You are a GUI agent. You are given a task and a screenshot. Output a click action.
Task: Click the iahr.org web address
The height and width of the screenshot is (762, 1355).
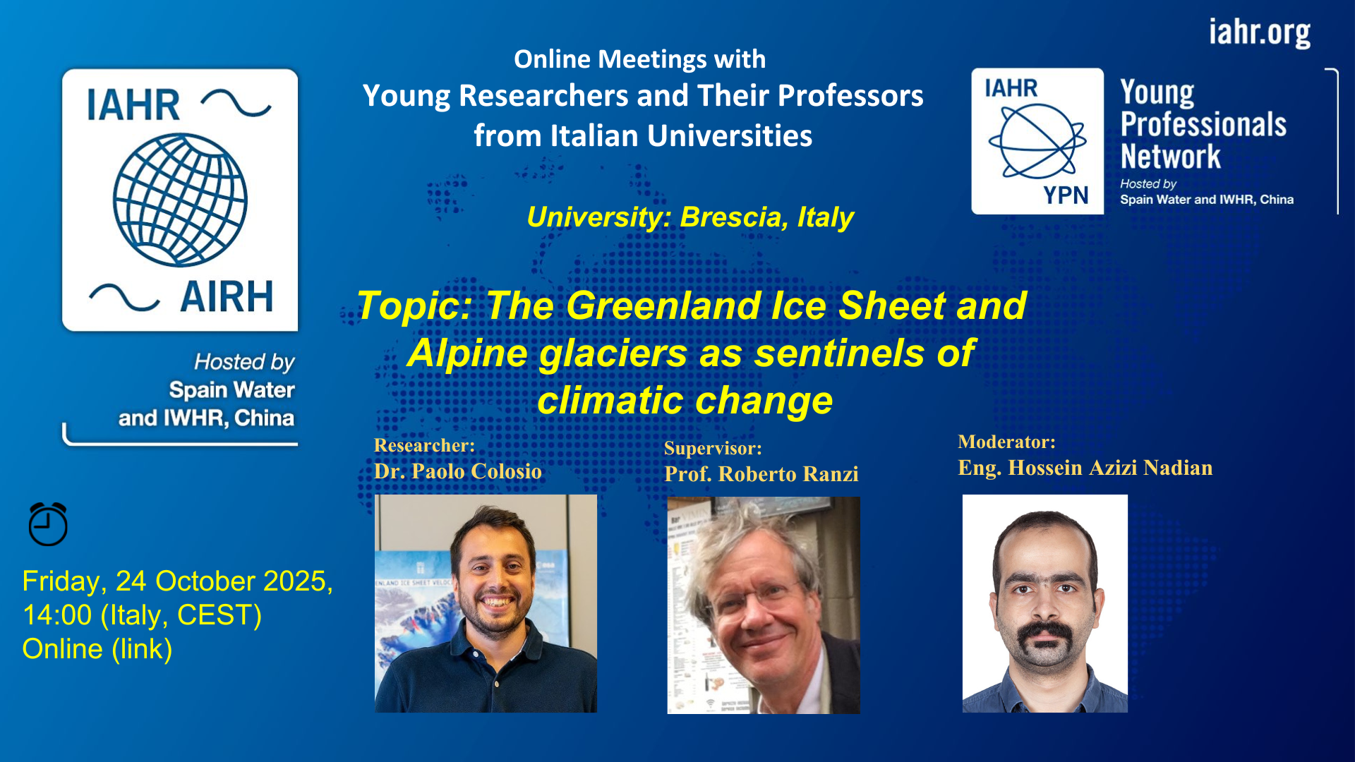1260,32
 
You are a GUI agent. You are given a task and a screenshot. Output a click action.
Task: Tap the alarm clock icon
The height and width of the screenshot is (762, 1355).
48,524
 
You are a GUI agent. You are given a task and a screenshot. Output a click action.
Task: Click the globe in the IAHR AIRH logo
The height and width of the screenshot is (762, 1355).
180,200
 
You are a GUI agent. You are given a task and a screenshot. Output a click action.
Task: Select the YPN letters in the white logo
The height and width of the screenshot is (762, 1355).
1066,195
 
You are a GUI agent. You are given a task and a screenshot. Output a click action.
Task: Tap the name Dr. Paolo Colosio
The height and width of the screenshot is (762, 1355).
458,471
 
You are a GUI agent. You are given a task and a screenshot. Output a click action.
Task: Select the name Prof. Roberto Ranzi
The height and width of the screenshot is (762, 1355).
761,474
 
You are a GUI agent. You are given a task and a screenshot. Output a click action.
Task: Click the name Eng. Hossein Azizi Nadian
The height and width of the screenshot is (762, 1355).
1085,468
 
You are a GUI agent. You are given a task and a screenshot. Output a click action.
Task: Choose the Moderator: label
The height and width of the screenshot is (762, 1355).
1006,442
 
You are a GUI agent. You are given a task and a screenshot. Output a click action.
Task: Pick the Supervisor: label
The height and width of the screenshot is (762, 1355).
713,449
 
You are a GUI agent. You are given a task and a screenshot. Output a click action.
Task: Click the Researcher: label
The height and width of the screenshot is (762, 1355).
424,445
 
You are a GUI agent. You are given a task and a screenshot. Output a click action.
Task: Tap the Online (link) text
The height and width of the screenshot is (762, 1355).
97,649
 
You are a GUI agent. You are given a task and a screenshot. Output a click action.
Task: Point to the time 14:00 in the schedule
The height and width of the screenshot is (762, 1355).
57,615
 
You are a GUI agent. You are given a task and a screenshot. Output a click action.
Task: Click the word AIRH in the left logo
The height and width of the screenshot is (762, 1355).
227,296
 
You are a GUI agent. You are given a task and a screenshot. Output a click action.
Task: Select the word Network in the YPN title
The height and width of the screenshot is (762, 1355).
1171,157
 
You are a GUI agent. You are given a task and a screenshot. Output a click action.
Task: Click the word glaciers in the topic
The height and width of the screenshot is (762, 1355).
613,353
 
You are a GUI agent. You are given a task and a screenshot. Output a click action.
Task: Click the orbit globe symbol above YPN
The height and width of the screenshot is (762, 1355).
1037,141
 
